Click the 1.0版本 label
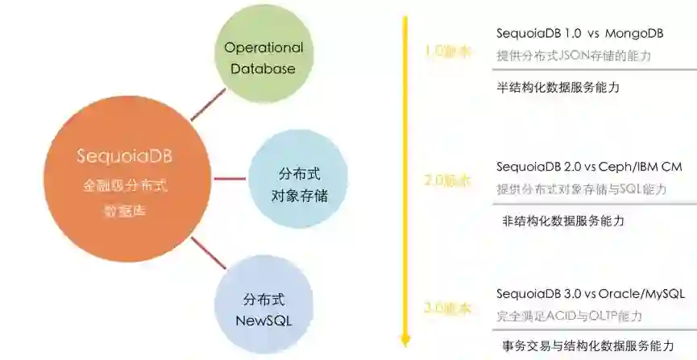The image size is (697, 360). (x=447, y=52)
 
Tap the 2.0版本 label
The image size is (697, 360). (x=447, y=180)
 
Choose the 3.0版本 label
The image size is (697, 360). (x=447, y=309)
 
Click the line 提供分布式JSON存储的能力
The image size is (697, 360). (x=573, y=57)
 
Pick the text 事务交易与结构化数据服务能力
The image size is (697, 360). (x=587, y=346)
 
